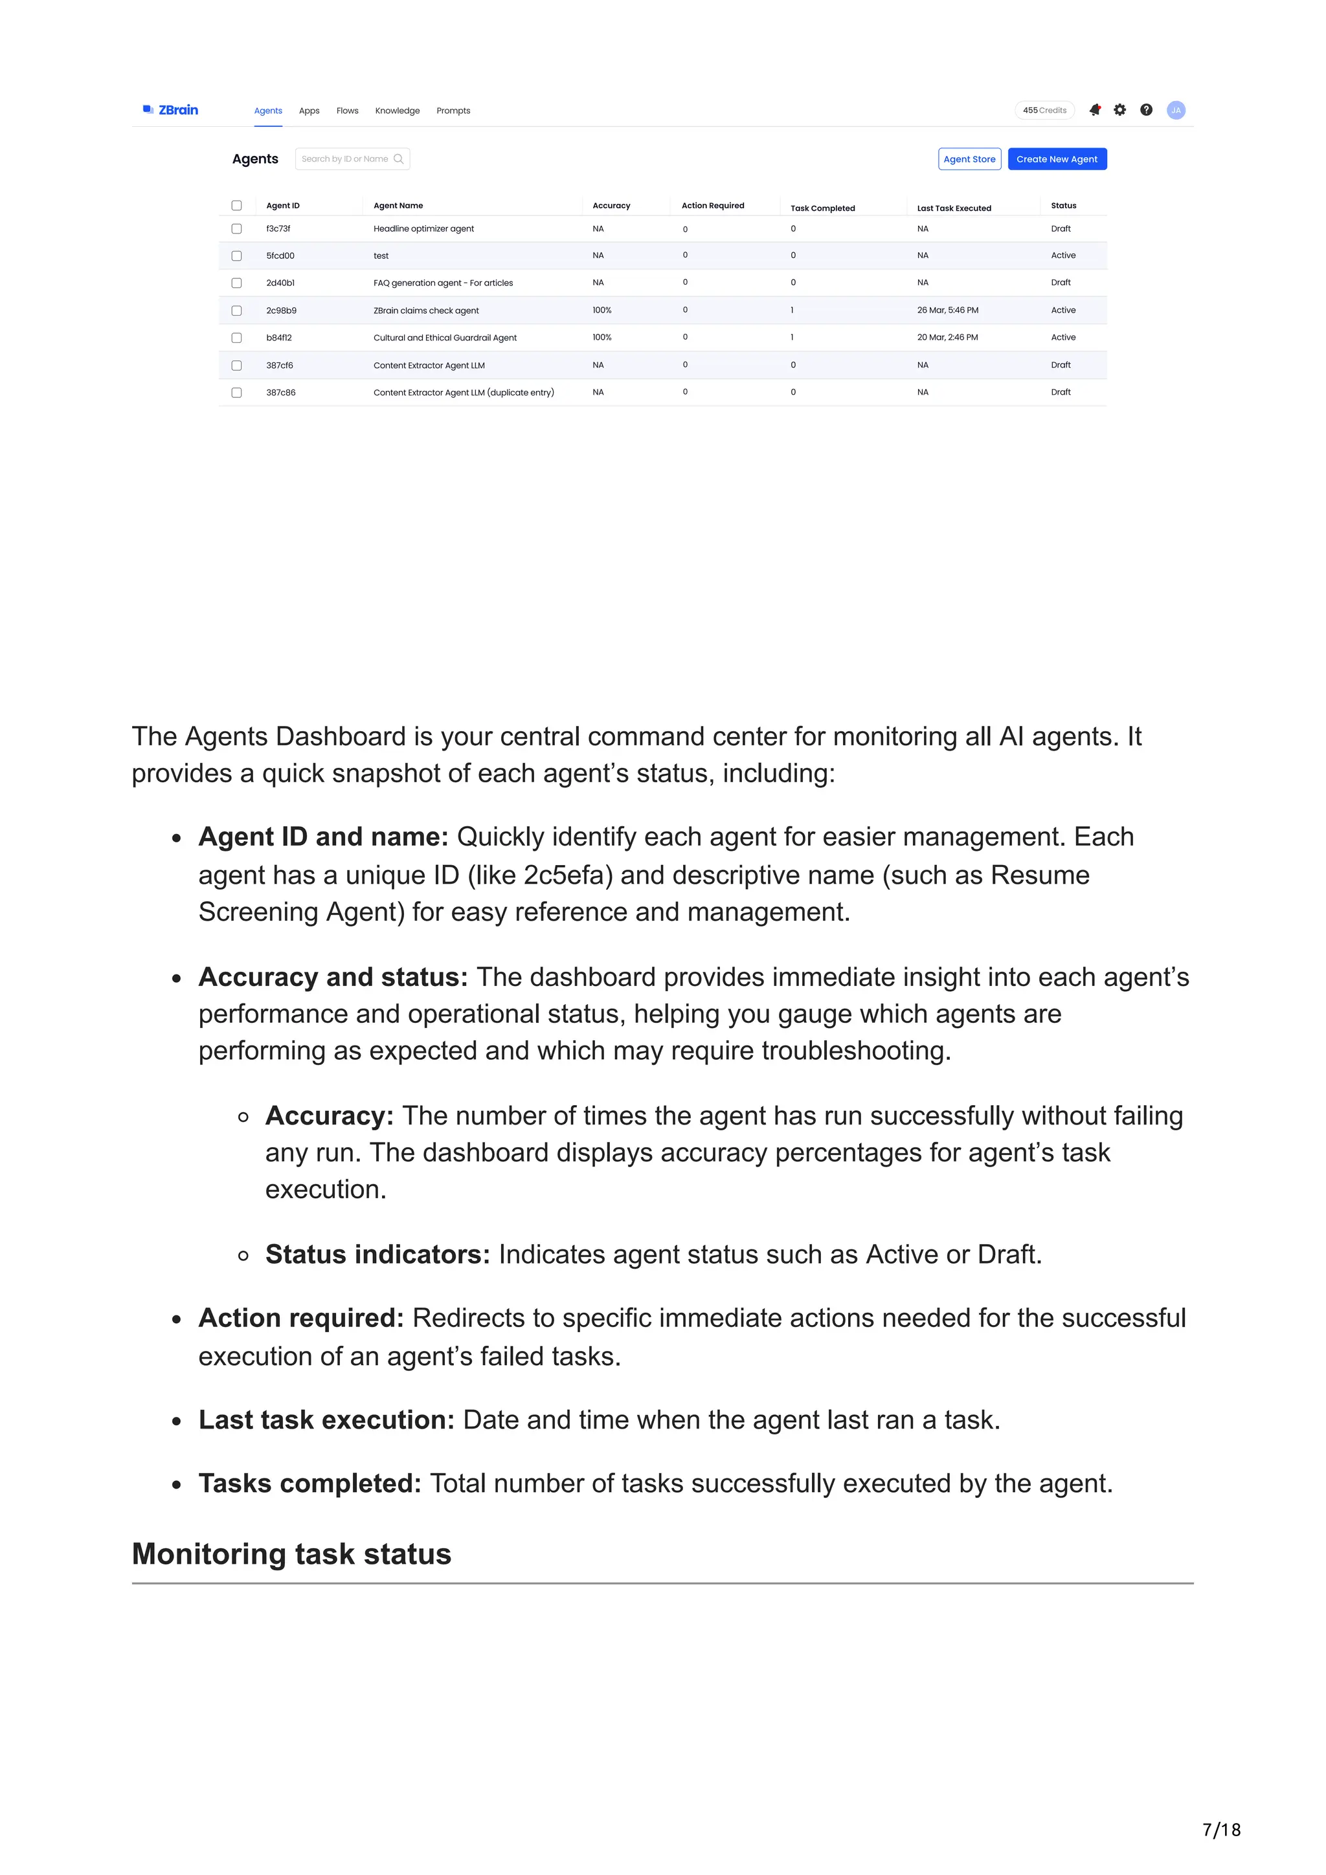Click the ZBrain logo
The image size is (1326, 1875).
(x=171, y=110)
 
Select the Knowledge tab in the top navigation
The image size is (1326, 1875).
(x=397, y=111)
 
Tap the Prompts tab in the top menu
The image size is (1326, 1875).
(x=453, y=111)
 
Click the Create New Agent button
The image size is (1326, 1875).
(x=1057, y=159)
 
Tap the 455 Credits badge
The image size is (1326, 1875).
(x=1044, y=110)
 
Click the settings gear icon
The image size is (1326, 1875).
(x=1119, y=110)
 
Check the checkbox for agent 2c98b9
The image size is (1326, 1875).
(x=237, y=311)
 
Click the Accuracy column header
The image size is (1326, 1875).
(x=611, y=206)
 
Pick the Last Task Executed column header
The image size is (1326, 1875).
(x=954, y=208)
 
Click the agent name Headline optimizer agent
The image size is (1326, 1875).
(x=423, y=228)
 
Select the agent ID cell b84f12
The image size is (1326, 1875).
(x=278, y=337)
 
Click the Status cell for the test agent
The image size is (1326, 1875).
(x=1063, y=256)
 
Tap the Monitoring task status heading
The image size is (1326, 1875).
(x=291, y=1553)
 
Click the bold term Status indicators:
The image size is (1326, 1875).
(x=377, y=1255)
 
